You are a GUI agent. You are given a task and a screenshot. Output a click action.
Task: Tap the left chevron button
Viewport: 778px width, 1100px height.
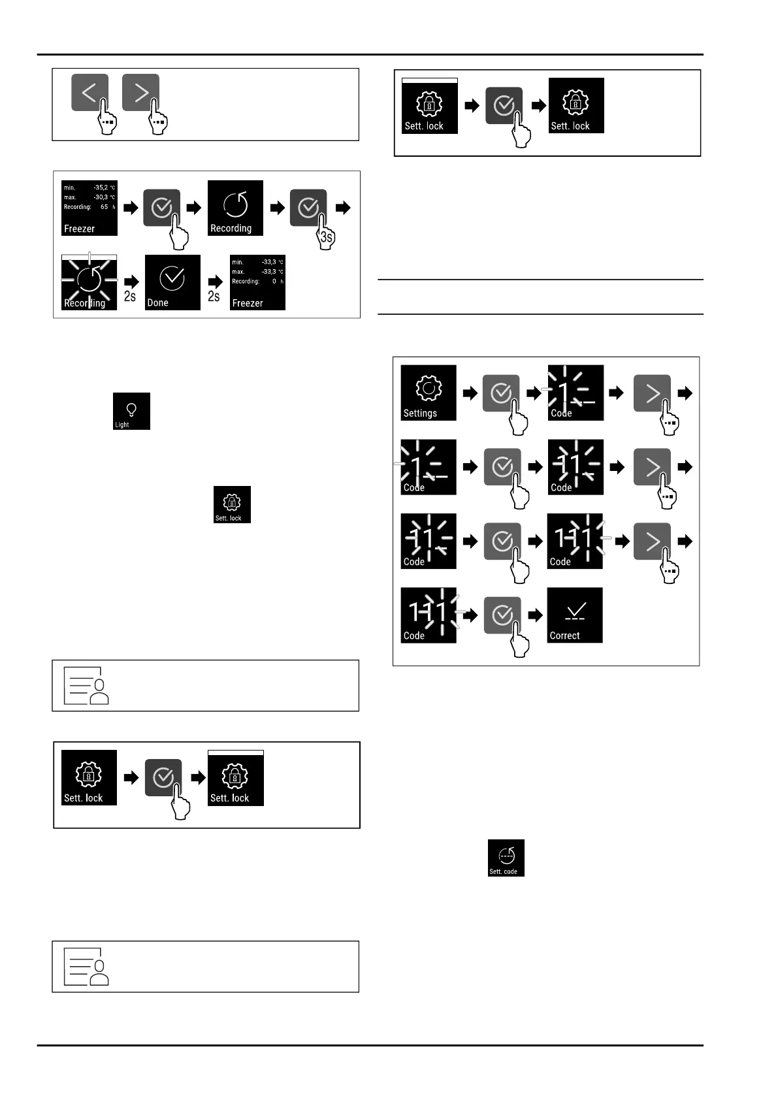click(89, 93)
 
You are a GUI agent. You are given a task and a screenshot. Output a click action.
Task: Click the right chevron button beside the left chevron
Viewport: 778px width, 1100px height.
click(140, 93)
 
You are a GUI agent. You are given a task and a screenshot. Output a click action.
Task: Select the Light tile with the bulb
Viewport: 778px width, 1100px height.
click(131, 411)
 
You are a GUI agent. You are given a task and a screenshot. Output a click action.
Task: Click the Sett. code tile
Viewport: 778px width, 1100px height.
click(506, 858)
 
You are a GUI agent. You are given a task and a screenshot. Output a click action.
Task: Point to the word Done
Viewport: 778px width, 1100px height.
click(157, 303)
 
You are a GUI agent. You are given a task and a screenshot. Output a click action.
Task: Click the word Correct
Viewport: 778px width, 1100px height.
click(564, 636)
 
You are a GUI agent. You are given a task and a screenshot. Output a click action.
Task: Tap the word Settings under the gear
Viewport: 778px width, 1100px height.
click(420, 413)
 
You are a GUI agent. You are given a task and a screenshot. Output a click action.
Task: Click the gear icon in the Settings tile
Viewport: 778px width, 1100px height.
click(429, 388)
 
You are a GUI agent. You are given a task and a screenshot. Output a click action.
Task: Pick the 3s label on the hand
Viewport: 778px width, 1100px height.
click(327, 238)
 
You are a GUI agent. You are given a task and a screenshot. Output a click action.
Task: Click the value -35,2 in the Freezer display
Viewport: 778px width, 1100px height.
click(101, 187)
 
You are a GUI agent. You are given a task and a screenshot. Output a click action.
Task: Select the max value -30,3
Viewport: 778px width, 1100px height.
click(101, 197)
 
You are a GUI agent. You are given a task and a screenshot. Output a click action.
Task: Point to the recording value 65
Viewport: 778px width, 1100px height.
click(105, 207)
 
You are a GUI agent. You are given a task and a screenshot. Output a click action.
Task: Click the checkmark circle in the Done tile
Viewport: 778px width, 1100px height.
click(172, 278)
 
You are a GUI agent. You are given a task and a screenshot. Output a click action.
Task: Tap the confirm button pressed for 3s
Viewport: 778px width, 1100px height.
click(308, 208)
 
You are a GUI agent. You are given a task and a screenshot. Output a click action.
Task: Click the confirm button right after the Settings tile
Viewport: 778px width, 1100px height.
click(501, 393)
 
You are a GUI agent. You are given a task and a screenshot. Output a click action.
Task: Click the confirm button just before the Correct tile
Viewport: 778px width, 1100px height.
click(502, 615)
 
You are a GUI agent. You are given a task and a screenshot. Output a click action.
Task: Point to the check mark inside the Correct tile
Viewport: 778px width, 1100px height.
click(575, 611)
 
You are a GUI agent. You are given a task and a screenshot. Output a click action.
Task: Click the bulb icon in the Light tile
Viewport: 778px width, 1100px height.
click(131, 409)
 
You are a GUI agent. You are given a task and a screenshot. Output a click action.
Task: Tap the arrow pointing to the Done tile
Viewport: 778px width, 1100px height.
click(131, 282)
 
